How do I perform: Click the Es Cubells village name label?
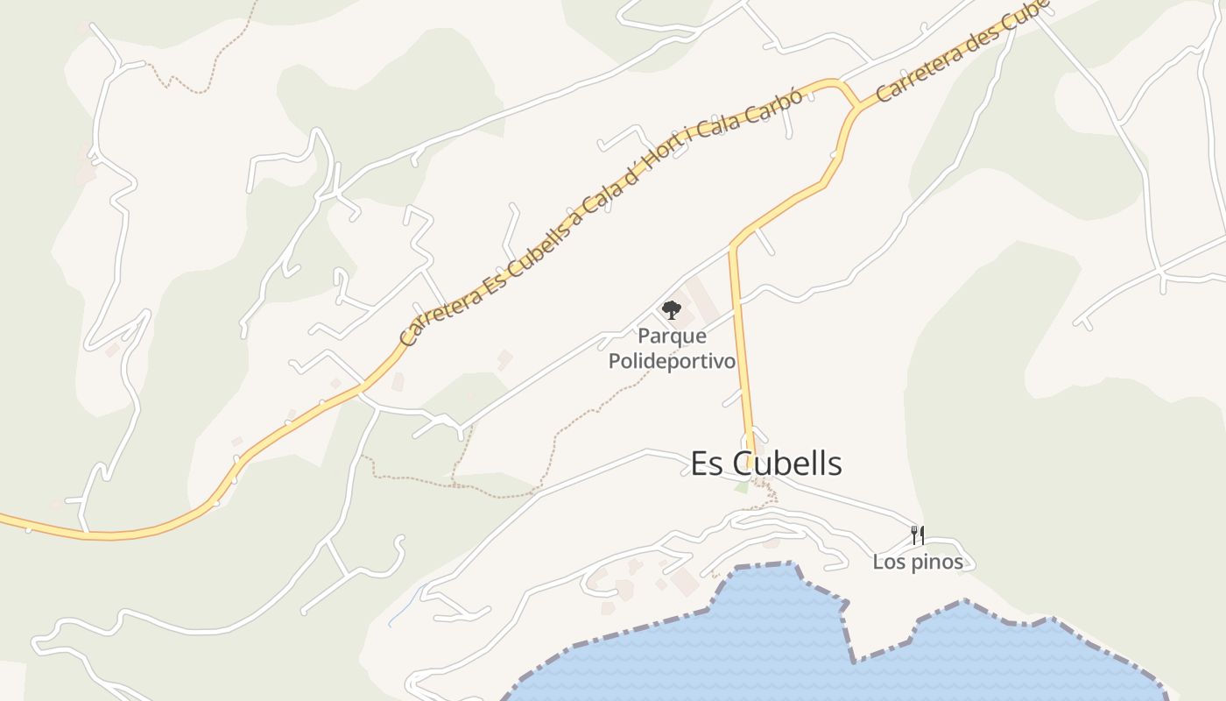pyautogui.click(x=766, y=464)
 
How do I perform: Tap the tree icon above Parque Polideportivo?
pyautogui.click(x=671, y=309)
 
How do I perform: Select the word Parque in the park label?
pyautogui.click(x=672, y=336)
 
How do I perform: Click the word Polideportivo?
pyautogui.click(x=672, y=361)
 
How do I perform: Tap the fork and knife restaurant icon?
pyautogui.click(x=918, y=535)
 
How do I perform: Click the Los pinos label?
pyautogui.click(x=918, y=563)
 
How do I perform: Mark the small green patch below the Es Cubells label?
pyautogui.click(x=742, y=487)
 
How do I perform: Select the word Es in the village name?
pyautogui.click(x=708, y=464)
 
